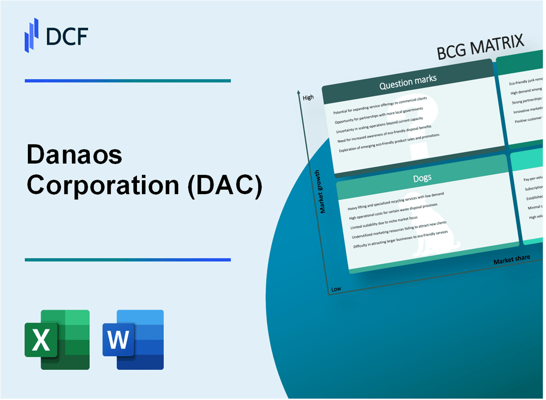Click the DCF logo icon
point(31,34)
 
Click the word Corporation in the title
point(102,186)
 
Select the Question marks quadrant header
point(408,83)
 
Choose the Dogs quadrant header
point(423,177)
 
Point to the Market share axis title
point(511,259)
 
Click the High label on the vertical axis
point(308,97)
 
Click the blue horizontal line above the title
point(128,80)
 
